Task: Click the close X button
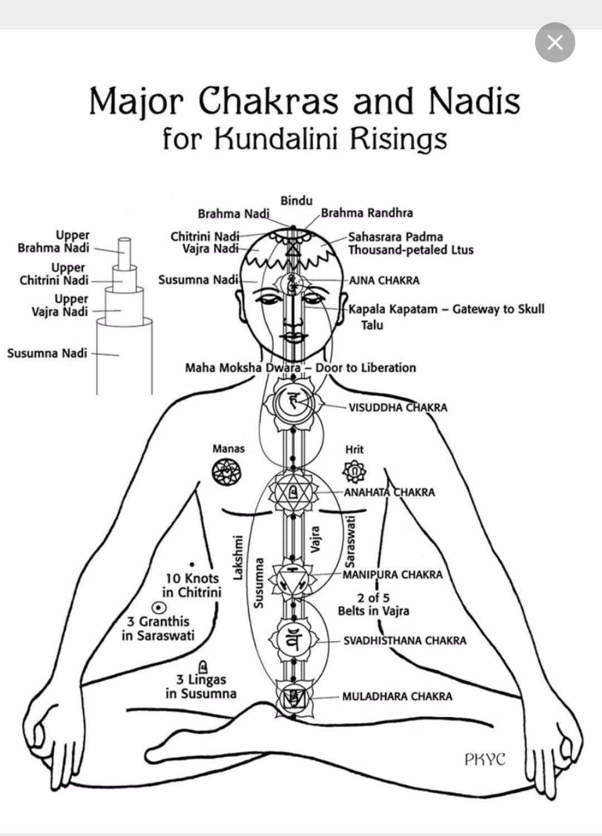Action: tap(555, 42)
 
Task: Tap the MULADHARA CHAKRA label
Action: tap(397, 696)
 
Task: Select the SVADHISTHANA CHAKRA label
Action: tap(404, 640)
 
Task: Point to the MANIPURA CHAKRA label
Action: tap(392, 574)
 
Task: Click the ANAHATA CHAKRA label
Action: tap(389, 492)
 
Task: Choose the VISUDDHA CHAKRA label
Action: tap(397, 407)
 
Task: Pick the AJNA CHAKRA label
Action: tap(384, 280)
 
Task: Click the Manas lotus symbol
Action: tap(227, 471)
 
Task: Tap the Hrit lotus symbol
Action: tap(354, 472)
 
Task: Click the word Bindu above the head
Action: tap(296, 201)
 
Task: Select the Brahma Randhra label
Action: tap(367, 213)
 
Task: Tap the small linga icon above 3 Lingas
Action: tap(203, 665)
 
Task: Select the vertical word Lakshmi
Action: tap(238, 557)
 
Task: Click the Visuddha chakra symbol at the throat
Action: tap(293, 402)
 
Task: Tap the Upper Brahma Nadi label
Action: tap(54, 241)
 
